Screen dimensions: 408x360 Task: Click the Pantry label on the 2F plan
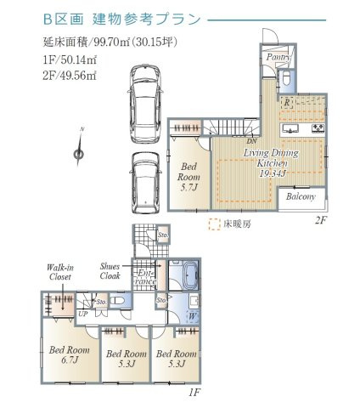pyautogui.click(x=277, y=57)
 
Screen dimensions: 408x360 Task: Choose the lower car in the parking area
pyautogui.click(x=146, y=181)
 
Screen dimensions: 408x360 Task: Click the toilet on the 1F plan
pyautogui.click(x=119, y=300)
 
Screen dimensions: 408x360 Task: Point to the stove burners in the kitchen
pyautogui.click(x=318, y=128)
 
